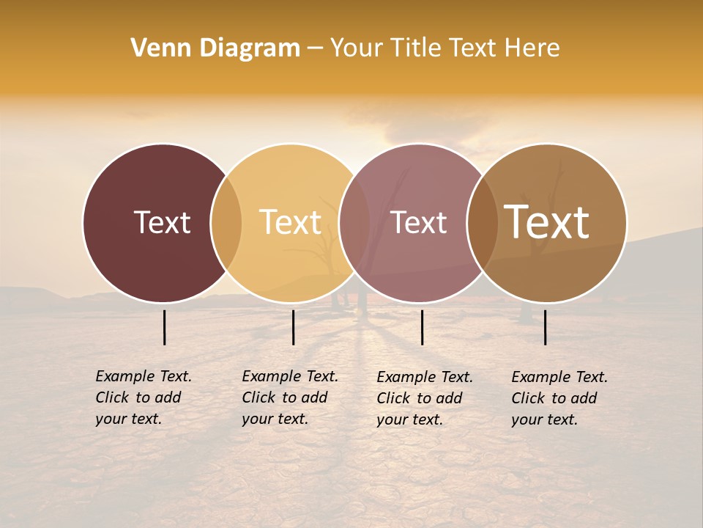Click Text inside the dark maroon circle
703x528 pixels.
(x=162, y=222)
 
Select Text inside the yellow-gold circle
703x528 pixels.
(x=291, y=222)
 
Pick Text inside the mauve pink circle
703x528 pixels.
(x=419, y=222)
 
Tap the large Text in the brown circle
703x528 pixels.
(x=547, y=221)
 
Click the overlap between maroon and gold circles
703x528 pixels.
(x=226, y=223)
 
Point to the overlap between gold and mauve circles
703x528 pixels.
(x=355, y=223)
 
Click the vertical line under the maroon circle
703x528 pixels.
(x=165, y=327)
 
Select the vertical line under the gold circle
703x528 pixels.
(x=293, y=327)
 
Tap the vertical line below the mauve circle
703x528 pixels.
(x=423, y=327)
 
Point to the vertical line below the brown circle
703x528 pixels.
(x=546, y=327)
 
